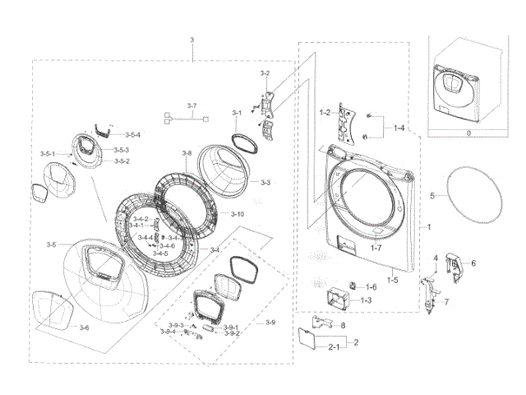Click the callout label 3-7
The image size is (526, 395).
[192, 106]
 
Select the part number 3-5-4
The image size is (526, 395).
[133, 134]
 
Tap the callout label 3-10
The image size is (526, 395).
[238, 214]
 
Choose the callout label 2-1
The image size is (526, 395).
[336, 350]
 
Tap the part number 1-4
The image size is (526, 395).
[399, 128]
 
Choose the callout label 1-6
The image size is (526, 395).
[371, 287]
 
